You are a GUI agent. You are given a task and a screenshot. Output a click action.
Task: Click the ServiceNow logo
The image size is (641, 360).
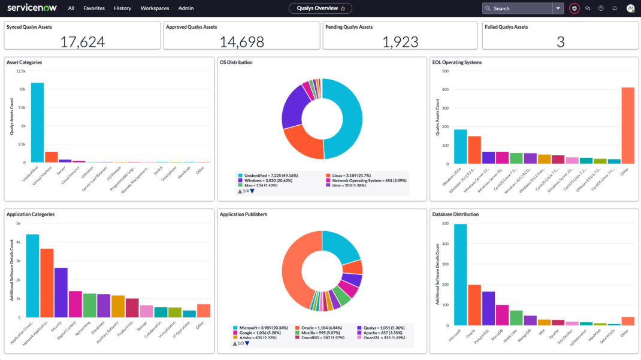tap(33, 8)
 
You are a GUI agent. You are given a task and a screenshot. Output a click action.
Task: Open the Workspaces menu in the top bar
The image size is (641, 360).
tap(155, 8)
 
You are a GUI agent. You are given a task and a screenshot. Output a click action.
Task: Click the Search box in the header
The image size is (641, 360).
tap(518, 8)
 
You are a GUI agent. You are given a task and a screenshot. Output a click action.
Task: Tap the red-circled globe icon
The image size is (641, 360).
tap(575, 8)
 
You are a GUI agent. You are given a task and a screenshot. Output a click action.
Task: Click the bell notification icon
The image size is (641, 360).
tap(614, 8)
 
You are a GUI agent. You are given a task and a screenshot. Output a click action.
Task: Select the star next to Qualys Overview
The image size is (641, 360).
tap(343, 8)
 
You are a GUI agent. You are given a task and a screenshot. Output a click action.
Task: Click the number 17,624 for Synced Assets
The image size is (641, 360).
tap(83, 41)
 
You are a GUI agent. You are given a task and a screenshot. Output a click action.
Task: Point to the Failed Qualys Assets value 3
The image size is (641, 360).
tap(560, 41)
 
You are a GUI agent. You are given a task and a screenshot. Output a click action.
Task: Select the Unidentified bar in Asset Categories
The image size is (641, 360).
tap(37, 123)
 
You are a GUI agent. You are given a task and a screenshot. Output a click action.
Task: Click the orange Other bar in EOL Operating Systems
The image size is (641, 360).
tap(627, 126)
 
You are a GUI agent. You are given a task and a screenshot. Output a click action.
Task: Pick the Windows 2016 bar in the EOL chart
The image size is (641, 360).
tap(460, 147)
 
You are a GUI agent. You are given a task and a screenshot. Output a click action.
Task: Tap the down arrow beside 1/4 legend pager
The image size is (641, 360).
tap(252, 191)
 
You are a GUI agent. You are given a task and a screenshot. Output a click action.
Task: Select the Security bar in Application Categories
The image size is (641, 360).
tap(61, 292)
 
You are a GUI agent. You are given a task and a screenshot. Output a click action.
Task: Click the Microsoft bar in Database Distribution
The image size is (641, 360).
tap(460, 274)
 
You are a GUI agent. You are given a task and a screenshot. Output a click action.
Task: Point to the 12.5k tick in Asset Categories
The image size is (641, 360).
tap(21, 71)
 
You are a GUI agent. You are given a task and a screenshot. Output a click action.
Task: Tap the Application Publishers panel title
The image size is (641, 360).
tap(243, 214)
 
